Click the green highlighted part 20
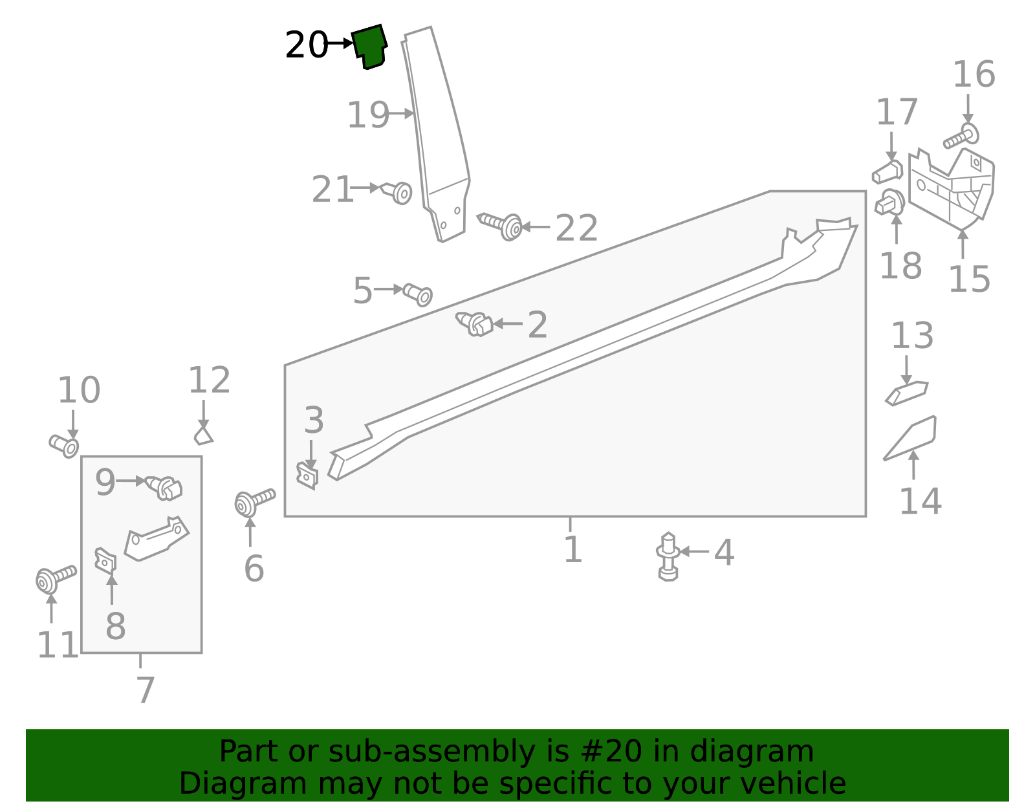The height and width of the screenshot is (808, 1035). (x=369, y=45)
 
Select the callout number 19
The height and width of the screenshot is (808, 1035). (x=368, y=116)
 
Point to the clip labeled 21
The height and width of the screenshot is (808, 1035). (x=397, y=191)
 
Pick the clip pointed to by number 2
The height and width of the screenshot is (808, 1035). (x=475, y=323)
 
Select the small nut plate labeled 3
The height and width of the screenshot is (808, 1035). (x=307, y=475)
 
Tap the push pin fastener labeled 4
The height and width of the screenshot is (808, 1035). (x=668, y=556)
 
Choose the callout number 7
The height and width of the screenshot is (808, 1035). (x=145, y=690)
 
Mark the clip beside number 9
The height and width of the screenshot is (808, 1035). (x=165, y=487)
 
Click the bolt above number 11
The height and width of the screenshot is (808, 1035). (x=55, y=577)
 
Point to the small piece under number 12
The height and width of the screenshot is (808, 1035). (x=203, y=435)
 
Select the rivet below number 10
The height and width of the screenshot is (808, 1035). (x=65, y=445)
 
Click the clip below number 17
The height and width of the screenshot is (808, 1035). (x=888, y=171)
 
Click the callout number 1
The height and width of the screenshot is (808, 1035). (x=572, y=550)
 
